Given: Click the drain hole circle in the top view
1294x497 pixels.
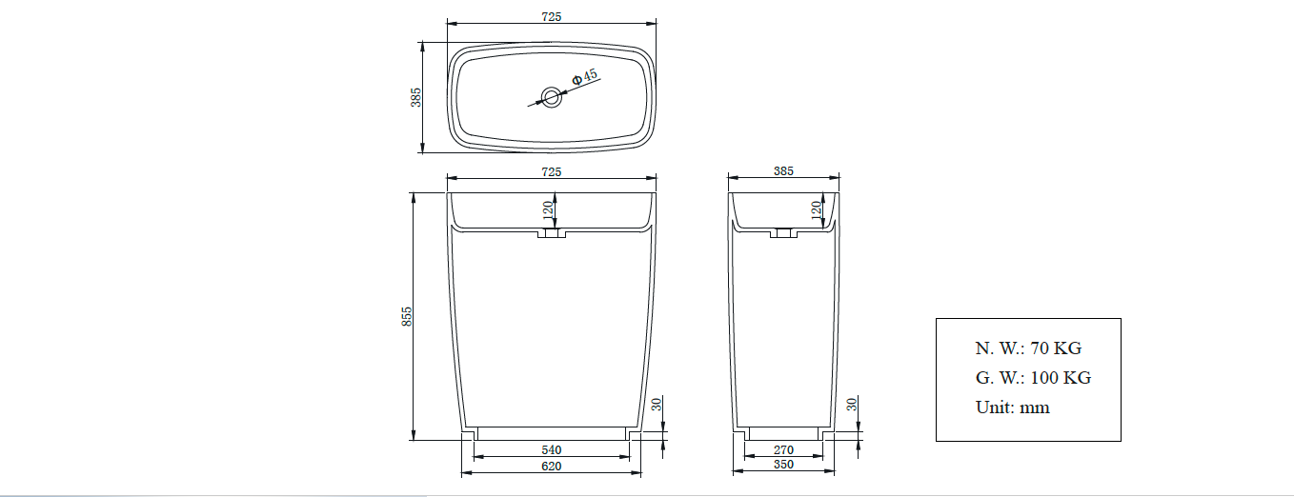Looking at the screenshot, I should pyautogui.click(x=552, y=95).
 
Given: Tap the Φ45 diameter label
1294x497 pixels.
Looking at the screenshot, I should pyautogui.click(x=584, y=76).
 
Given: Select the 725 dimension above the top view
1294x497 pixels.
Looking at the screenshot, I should pyautogui.click(x=552, y=16).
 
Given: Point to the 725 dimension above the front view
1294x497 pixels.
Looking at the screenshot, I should pyautogui.click(x=552, y=171).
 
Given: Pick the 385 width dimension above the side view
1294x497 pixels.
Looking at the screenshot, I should pyautogui.click(x=783, y=171).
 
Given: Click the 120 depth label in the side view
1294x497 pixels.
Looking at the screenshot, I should pyautogui.click(x=816, y=210).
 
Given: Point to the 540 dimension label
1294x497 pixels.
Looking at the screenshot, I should pyautogui.click(x=552, y=449).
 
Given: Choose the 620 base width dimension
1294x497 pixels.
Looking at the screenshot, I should pyautogui.click(x=552, y=466).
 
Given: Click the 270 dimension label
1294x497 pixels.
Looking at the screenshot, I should pyautogui.click(x=783, y=449).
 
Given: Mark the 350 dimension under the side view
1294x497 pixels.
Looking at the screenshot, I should pyautogui.click(x=783, y=466).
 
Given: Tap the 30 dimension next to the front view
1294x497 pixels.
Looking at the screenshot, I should pyautogui.click(x=657, y=405).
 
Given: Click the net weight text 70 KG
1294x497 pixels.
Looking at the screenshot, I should pyautogui.click(x=1028, y=348).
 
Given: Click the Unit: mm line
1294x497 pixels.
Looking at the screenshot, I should pyautogui.click(x=1012, y=408).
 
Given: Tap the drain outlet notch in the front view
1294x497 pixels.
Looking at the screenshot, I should pyautogui.click(x=552, y=233).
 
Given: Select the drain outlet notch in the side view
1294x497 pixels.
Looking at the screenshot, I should pyautogui.click(x=783, y=233).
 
